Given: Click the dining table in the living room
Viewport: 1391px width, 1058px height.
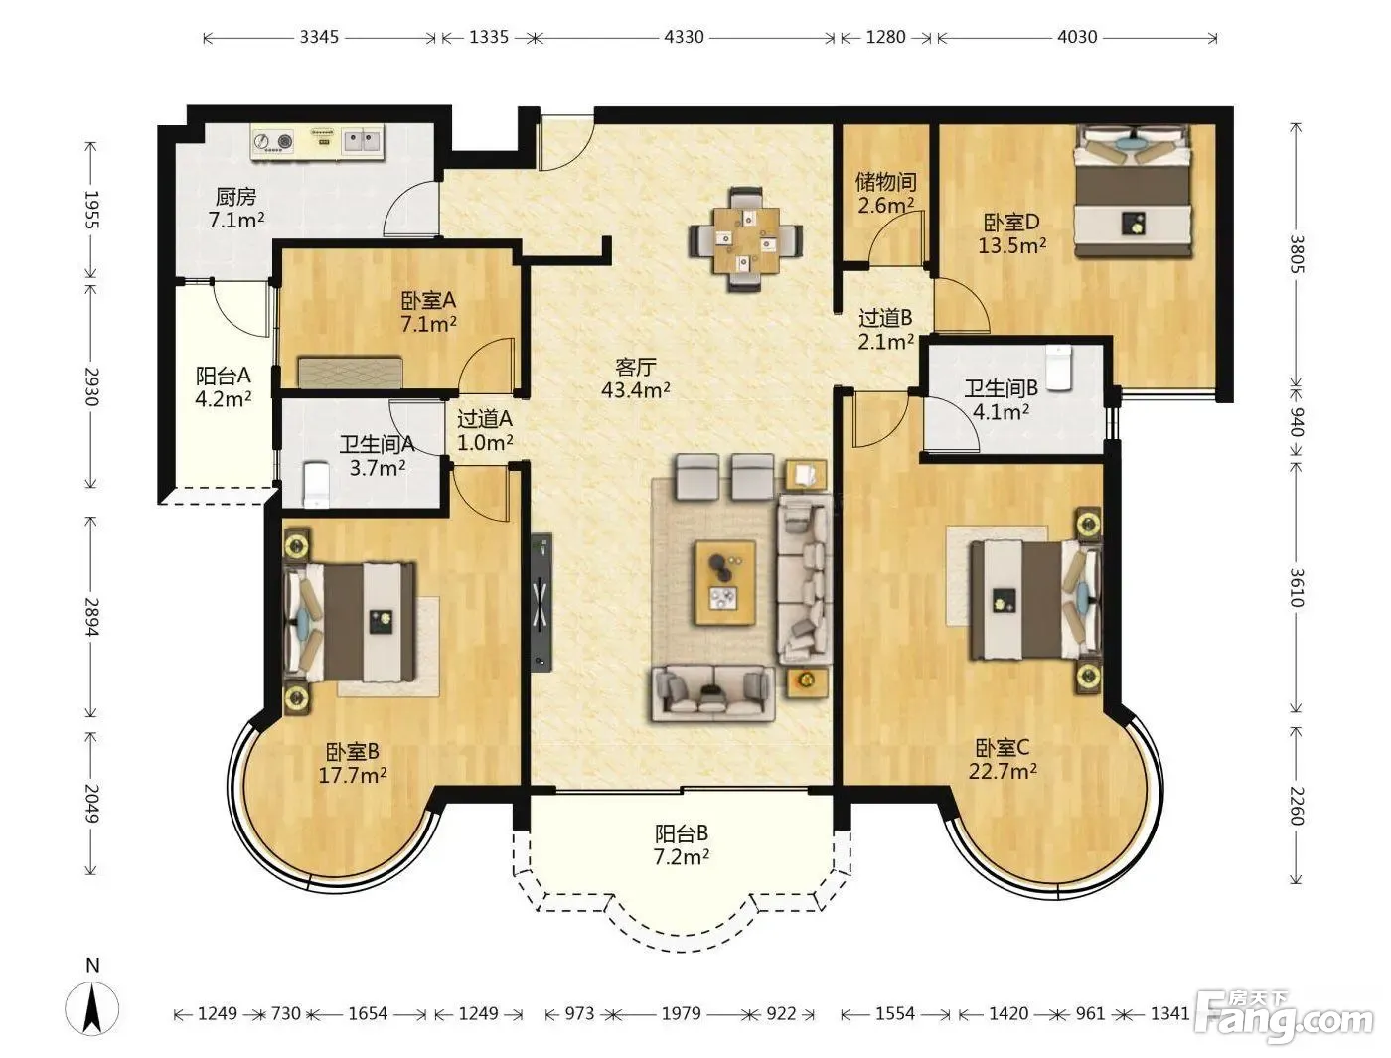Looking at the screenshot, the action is (x=746, y=239).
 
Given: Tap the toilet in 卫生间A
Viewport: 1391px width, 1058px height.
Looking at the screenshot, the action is (x=316, y=484).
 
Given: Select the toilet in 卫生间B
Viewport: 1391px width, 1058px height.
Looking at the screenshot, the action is (x=1058, y=367).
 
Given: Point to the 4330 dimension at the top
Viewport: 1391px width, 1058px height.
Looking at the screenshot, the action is (x=684, y=37).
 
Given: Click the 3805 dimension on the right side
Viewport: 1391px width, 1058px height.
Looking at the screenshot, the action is (x=1297, y=254).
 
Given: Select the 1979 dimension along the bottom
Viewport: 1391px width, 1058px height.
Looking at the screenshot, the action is (x=683, y=1013).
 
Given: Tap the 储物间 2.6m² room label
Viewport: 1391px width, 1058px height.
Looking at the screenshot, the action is (x=886, y=194).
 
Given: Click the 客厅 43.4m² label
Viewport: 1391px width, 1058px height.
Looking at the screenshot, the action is (x=636, y=378).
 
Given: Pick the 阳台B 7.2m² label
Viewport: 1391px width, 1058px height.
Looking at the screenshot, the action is (x=682, y=844).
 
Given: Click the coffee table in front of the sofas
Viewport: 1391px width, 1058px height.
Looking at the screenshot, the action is (x=725, y=582).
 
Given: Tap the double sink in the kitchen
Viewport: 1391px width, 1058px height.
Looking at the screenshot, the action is (x=362, y=142).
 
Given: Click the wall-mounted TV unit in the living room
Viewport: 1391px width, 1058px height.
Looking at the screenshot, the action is (x=541, y=601).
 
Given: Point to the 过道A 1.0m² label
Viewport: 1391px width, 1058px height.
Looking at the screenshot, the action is (x=485, y=430).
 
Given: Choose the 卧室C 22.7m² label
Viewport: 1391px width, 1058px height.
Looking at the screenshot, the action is (x=1003, y=760).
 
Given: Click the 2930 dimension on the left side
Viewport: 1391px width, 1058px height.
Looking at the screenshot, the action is (x=91, y=386).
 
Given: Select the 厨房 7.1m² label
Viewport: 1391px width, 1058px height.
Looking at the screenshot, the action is (x=235, y=208).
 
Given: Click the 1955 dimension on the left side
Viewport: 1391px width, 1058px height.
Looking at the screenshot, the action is (x=91, y=210).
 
